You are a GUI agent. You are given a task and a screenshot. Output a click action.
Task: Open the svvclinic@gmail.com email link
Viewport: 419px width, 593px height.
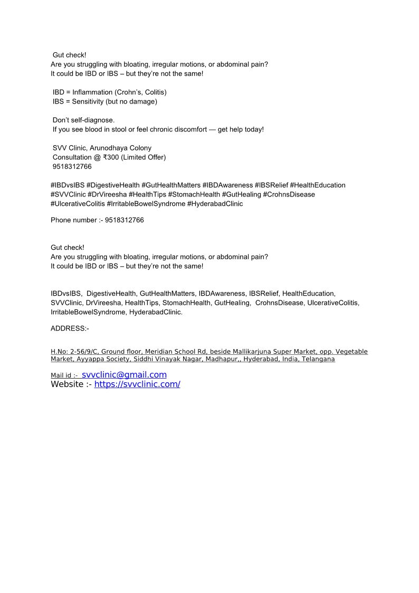coord(124,375)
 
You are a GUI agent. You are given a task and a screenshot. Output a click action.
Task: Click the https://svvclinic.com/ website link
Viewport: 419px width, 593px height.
coord(137,384)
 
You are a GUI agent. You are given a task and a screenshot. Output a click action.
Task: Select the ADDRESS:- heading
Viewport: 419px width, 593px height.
coord(70,328)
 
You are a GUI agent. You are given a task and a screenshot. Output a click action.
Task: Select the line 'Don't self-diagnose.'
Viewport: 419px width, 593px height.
coord(83,120)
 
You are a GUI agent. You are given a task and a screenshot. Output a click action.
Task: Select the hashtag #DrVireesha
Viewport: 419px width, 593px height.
coord(107,194)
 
